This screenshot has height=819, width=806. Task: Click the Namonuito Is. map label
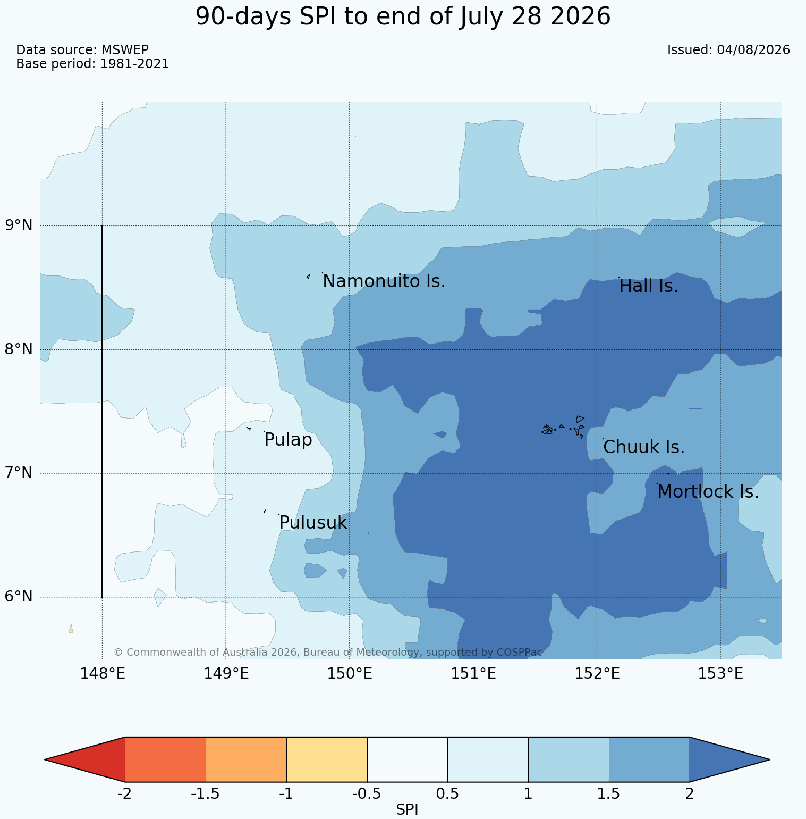coord(384,281)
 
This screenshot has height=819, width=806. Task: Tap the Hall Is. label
coord(649,287)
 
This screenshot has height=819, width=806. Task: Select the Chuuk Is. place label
coord(644,447)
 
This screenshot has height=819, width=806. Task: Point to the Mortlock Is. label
coord(708,492)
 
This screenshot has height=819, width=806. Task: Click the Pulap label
coord(288,440)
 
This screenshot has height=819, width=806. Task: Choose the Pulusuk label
coord(313,523)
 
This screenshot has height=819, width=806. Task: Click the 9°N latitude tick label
coord(19,225)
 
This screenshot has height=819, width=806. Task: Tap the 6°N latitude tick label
coord(19,597)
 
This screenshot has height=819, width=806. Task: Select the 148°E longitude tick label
coord(103,674)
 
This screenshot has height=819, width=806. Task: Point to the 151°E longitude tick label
coord(473,674)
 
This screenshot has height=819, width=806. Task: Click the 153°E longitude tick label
coord(720,674)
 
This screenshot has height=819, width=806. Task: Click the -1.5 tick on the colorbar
coord(206,794)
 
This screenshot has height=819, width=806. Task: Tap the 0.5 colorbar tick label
coord(447,794)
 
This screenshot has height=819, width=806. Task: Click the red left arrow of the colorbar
coord(85,759)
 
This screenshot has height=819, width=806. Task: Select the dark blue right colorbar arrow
coord(729,759)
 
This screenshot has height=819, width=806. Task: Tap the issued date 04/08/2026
coord(753,50)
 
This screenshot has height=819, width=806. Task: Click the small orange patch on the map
coord(71,629)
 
